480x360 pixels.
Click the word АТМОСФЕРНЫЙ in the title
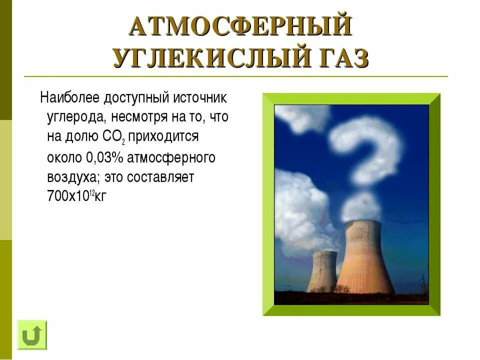click(x=240, y=27)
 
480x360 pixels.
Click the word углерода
click(x=75, y=117)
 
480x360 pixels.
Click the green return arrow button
click(x=32, y=334)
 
